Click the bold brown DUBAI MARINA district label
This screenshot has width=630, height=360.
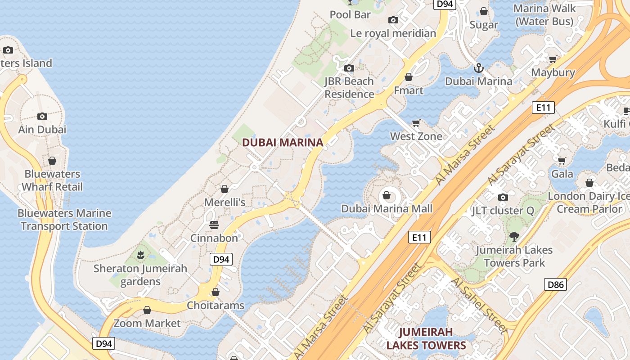point(283,143)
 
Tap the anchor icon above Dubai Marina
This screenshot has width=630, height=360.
point(479,68)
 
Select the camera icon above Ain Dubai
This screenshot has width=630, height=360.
point(42,116)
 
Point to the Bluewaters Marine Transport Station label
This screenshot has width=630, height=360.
point(64,220)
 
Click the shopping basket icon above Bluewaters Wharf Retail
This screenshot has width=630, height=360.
point(52,161)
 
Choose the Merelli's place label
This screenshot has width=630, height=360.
point(225,202)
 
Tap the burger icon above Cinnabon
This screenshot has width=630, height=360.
point(214,225)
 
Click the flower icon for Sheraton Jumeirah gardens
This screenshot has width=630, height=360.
point(140,255)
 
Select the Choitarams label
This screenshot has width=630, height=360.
point(216,306)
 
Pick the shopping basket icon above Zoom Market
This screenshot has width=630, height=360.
point(147,310)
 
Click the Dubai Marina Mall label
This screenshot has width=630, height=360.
point(387,209)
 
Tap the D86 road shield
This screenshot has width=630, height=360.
point(556,284)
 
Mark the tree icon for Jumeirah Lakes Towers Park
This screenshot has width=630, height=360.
point(514,236)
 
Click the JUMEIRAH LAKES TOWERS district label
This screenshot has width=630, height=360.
point(426,339)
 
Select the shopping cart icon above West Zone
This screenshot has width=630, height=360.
point(416,123)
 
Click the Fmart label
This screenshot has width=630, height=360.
point(409,90)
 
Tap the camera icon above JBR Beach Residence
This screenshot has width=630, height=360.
point(349,68)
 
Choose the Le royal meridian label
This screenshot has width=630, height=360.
point(393,33)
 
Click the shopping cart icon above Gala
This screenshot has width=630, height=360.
point(562,161)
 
